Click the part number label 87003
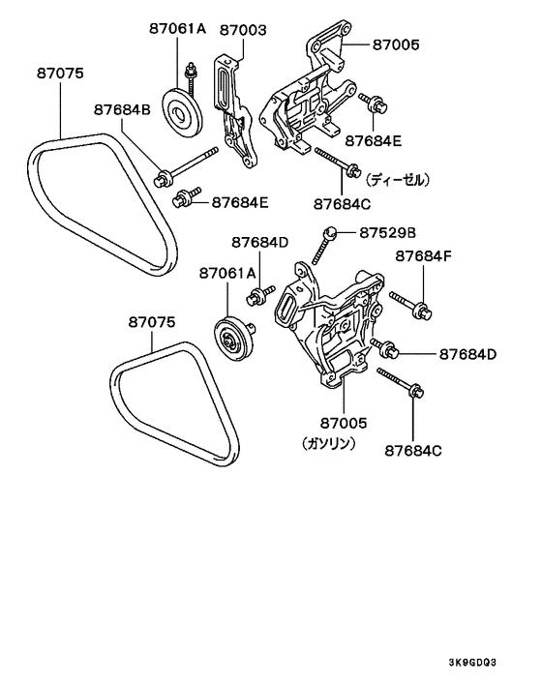point(243,30)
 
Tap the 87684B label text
point(122,109)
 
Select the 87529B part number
point(387,233)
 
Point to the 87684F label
point(424,256)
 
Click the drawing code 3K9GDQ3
point(472,663)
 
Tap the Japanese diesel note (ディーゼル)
point(398,179)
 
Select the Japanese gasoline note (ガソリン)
point(329,443)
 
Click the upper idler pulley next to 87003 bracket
point(182,113)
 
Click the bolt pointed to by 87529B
point(322,246)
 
